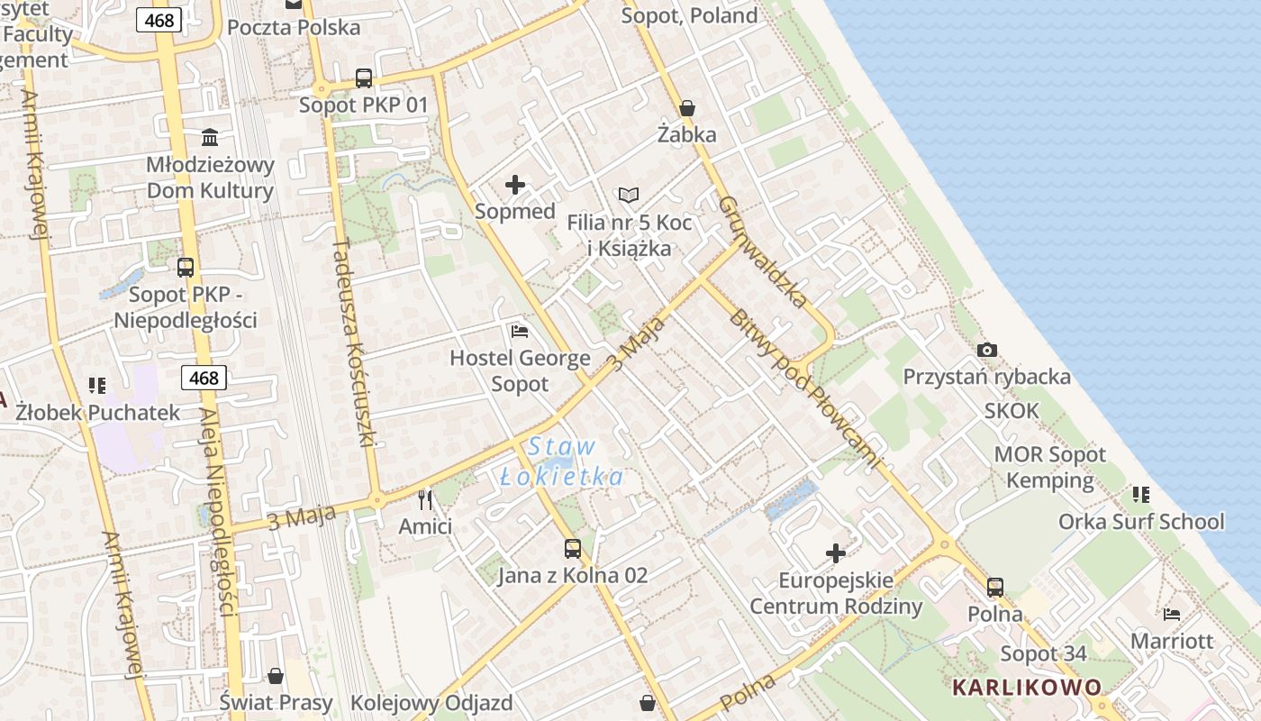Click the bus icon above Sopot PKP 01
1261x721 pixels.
(x=364, y=78)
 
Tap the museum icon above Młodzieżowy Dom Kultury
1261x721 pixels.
(x=210, y=137)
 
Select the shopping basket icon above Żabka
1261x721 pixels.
(x=687, y=108)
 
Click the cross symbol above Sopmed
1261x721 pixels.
(x=515, y=185)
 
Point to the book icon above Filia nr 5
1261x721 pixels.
(x=629, y=195)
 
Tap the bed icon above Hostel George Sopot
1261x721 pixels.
(x=520, y=331)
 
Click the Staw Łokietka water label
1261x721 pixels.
(x=562, y=461)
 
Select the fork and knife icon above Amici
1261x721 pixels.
(x=425, y=499)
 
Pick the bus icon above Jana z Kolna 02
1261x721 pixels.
(x=573, y=548)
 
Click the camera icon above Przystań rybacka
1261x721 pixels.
(x=987, y=350)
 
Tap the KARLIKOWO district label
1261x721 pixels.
(x=1027, y=688)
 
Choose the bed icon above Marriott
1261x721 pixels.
(x=1172, y=615)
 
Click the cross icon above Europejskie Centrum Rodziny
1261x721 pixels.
(x=836, y=552)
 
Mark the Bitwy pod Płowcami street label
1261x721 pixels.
(x=803, y=388)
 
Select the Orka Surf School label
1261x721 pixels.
(x=1141, y=522)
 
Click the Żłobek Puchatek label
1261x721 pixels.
(x=98, y=413)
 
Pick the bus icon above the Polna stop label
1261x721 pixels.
(x=995, y=588)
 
